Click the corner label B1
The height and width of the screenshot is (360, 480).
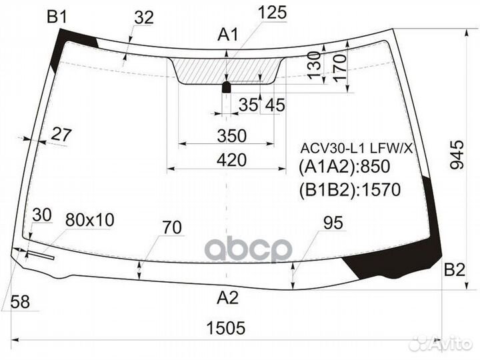[57, 17]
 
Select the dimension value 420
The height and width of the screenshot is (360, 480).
[231, 159]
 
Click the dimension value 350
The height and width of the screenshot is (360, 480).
[231, 136]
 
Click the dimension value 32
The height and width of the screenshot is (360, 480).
[144, 18]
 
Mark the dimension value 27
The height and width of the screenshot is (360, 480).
[61, 134]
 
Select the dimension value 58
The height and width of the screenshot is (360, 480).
[21, 302]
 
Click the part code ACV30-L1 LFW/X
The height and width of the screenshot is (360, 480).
[355, 147]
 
